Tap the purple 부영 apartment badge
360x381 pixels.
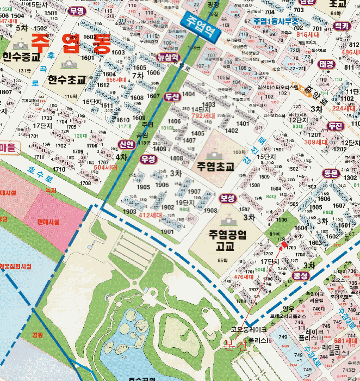(77, 11)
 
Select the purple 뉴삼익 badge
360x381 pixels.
(167, 57)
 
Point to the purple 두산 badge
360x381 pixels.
(172, 96)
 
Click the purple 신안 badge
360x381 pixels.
(127, 144)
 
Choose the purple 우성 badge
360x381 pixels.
(148, 159)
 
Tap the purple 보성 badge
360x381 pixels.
(227, 199)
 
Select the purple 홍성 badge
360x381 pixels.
(301, 276)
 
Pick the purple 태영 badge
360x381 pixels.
(326, 64)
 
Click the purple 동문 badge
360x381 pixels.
(331, 173)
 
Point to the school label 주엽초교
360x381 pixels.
(215, 167)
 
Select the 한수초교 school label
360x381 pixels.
(67, 79)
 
